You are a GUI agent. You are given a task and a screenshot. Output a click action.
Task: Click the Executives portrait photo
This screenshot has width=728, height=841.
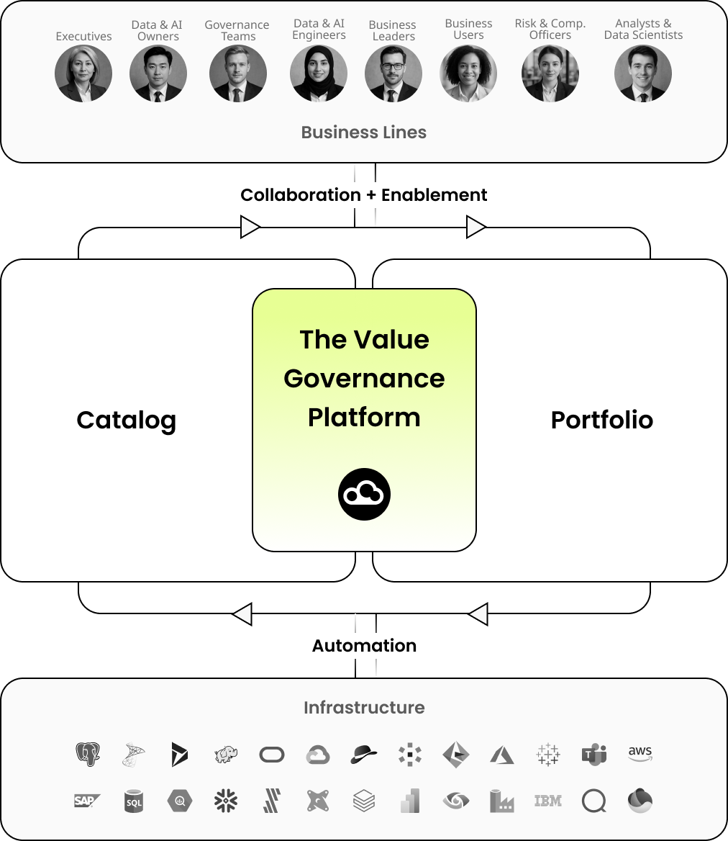[x=83, y=73]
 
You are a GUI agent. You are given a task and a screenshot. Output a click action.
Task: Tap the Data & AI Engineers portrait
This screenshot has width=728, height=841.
[x=319, y=73]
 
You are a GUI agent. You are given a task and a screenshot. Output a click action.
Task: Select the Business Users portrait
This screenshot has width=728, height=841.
[x=468, y=73]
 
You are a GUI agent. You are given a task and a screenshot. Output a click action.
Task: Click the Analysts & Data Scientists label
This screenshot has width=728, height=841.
[x=643, y=30]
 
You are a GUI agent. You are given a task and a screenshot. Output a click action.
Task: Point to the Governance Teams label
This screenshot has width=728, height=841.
[x=237, y=30]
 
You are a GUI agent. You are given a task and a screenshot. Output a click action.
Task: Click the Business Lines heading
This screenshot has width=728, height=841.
[x=363, y=132]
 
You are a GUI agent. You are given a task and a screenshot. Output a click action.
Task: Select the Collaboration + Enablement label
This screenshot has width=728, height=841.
[x=363, y=195]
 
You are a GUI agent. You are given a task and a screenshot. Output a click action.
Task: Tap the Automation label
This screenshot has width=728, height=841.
[x=364, y=646]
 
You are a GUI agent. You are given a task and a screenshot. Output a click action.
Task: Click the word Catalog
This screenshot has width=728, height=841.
[x=127, y=420]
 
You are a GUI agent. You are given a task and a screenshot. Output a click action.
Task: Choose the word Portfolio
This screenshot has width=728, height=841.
[x=601, y=420]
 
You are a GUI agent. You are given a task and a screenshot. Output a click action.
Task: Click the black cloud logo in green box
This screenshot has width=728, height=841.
[x=364, y=495]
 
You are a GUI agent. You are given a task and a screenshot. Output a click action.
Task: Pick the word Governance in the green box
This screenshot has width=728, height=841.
[x=364, y=379]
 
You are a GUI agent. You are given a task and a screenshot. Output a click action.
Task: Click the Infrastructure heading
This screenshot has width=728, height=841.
[x=364, y=708]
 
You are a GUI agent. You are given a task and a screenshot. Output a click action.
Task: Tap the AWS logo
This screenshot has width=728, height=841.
[x=640, y=754]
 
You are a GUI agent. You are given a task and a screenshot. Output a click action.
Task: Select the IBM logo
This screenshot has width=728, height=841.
[x=548, y=801]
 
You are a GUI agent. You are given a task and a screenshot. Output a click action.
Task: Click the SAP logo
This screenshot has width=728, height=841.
[x=87, y=801]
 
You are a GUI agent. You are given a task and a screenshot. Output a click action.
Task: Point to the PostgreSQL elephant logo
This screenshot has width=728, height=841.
[x=88, y=754]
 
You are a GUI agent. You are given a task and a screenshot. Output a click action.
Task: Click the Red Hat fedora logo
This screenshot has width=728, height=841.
[x=363, y=754]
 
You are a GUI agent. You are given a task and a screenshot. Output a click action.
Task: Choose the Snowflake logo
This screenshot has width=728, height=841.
[x=226, y=801]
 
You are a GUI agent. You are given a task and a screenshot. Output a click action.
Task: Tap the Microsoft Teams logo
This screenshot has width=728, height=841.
[x=594, y=754]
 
